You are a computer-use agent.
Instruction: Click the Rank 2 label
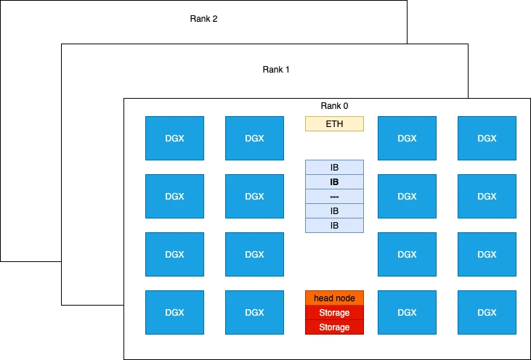pyautogui.click(x=203, y=19)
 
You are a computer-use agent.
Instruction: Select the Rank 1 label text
pyautogui.click(x=276, y=70)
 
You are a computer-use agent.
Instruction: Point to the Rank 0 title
pyautogui.click(x=334, y=106)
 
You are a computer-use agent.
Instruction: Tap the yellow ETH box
pyautogui.click(x=334, y=124)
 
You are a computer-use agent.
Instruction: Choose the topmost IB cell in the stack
pyautogui.click(x=334, y=168)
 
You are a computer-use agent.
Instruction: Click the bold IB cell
pyautogui.click(x=334, y=182)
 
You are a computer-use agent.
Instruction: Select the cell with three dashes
pyautogui.click(x=334, y=197)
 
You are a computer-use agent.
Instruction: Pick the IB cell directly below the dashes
pyautogui.click(x=334, y=211)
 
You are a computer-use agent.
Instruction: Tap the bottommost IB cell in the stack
pyautogui.click(x=334, y=226)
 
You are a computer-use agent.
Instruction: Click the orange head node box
pyautogui.click(x=334, y=298)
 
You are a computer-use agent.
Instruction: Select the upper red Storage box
pyautogui.click(x=334, y=313)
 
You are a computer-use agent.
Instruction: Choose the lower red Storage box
pyautogui.click(x=334, y=327)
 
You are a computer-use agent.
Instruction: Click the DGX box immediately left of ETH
pyautogui.click(x=254, y=138)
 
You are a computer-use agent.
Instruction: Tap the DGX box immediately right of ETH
pyautogui.click(x=407, y=138)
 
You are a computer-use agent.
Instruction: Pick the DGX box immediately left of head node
pyautogui.click(x=254, y=312)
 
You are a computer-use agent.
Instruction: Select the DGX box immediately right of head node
pyautogui.click(x=407, y=312)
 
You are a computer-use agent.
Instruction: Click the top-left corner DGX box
pyautogui.click(x=174, y=138)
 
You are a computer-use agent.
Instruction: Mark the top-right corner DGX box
pyautogui.click(x=487, y=138)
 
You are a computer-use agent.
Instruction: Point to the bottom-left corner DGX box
pyautogui.click(x=174, y=312)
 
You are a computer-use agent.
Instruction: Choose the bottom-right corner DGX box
pyautogui.click(x=487, y=312)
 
